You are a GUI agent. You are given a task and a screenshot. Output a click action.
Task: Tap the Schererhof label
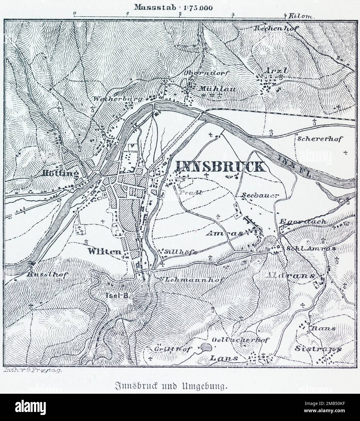(319, 139)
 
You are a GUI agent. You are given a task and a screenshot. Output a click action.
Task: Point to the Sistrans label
(318, 349)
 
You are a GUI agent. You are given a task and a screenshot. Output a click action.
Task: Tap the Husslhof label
(47, 275)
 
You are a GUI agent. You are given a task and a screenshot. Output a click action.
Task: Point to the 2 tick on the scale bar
(180, 14)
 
